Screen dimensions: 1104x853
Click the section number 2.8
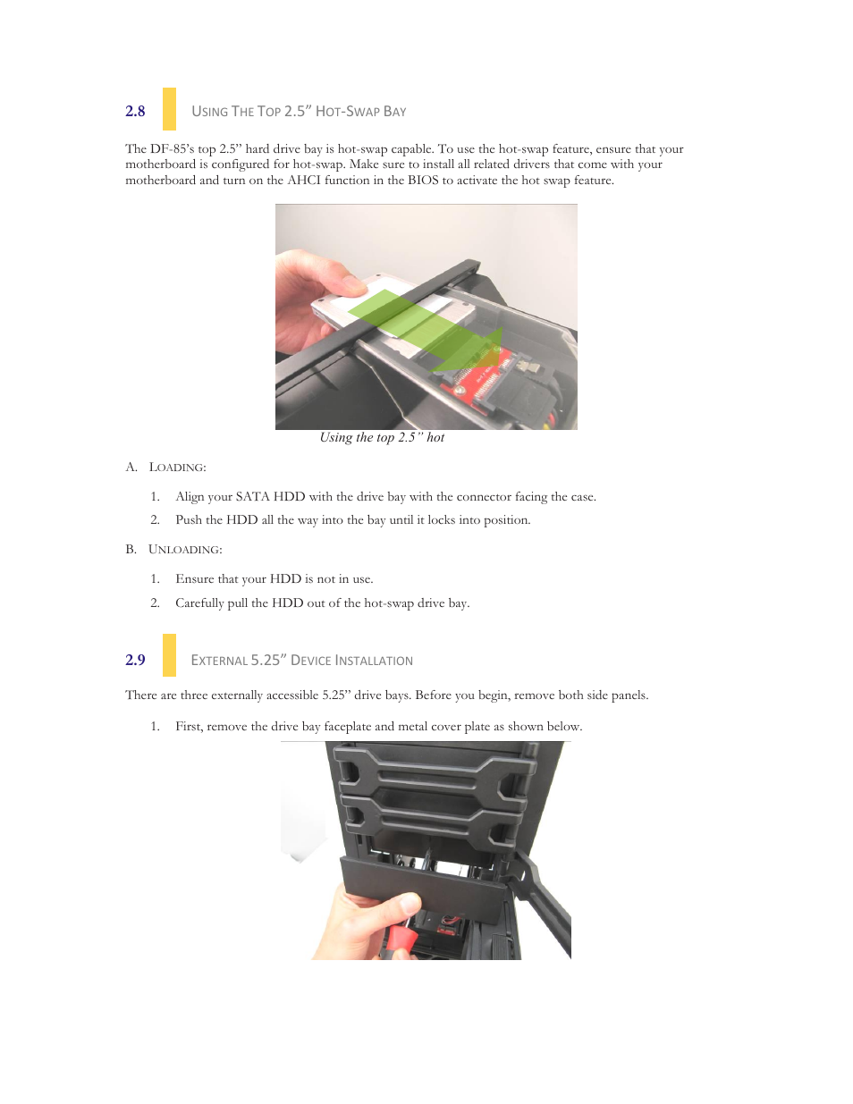pyautogui.click(x=135, y=111)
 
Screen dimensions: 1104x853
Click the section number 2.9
pyautogui.click(x=135, y=660)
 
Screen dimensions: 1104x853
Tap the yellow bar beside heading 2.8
pyautogui.click(x=169, y=109)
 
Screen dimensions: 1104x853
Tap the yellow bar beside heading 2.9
pyautogui.click(x=169, y=655)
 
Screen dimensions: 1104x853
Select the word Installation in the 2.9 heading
pyautogui.click(x=374, y=661)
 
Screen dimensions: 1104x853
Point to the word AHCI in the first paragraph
pyautogui.click(x=303, y=181)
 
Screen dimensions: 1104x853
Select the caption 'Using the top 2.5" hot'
pyautogui.click(x=382, y=437)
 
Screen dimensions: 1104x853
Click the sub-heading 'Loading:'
pyautogui.click(x=177, y=468)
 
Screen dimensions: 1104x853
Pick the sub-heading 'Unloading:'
pyautogui.click(x=185, y=550)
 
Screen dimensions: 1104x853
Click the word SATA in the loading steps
pyautogui.click(x=253, y=497)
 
